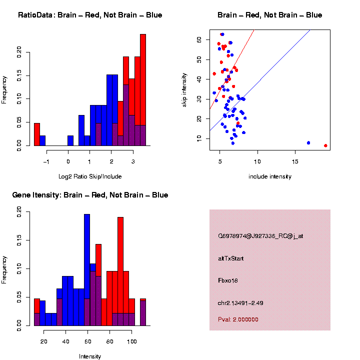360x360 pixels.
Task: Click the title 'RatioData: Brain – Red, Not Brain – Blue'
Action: tap(90, 15)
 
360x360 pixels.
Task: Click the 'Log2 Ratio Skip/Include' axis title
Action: tap(90, 176)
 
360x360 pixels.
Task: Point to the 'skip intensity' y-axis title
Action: tap(184, 89)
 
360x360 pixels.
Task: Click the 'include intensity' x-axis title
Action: tap(270, 176)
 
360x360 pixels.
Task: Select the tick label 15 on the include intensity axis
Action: tap(295, 162)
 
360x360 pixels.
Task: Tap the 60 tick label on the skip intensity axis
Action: tap(199, 39)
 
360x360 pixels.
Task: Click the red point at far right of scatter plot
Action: tap(325, 145)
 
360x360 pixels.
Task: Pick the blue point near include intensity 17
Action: tap(308, 143)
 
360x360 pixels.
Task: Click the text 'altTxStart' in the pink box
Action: tap(231, 258)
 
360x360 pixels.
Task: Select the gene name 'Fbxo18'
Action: tap(228, 280)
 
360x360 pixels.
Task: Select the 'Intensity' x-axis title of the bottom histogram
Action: tap(90, 356)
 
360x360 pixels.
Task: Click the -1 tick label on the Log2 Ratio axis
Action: tap(46, 162)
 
